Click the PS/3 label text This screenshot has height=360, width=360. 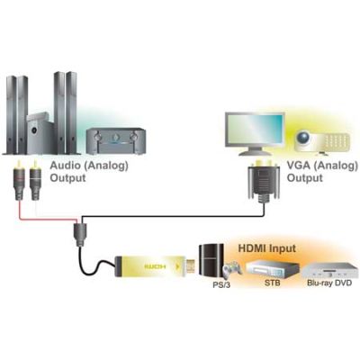[221, 284]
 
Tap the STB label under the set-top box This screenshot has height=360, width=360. [273, 283]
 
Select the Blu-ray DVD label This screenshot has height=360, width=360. [329, 283]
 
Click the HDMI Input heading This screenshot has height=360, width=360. [266, 248]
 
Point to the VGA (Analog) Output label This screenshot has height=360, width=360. [322, 171]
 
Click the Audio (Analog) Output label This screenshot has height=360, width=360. [89, 171]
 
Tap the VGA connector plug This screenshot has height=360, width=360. [264, 182]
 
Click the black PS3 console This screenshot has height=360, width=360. [211, 261]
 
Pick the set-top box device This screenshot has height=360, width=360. [272, 269]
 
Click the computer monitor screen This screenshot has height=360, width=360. [255, 130]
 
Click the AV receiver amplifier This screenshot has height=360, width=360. [116, 141]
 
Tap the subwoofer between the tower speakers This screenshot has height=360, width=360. [40, 133]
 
